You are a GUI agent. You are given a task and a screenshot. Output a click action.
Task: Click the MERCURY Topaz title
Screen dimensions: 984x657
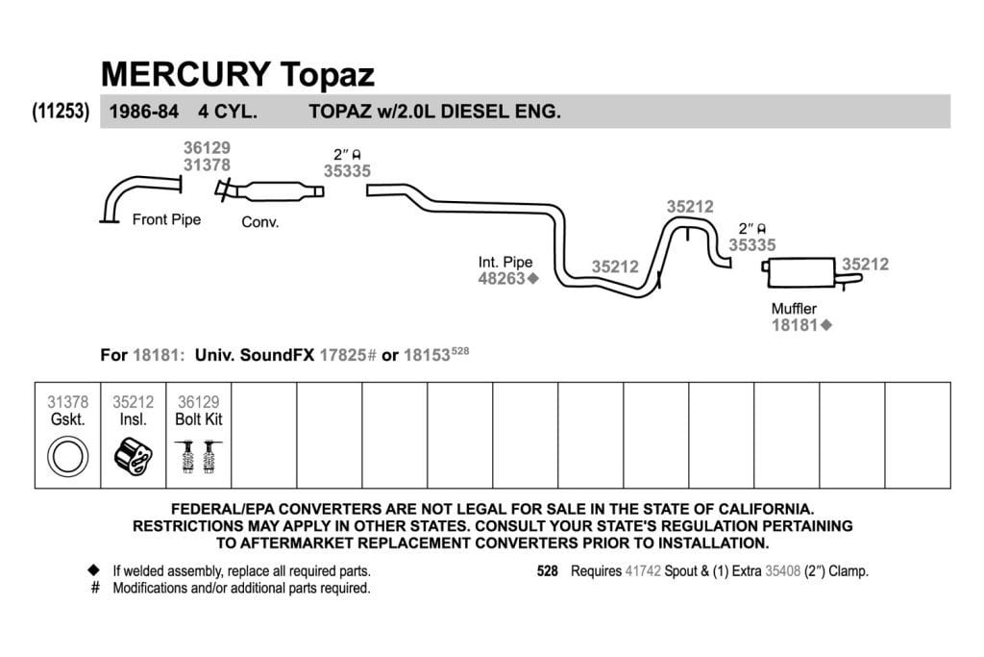pyautogui.click(x=237, y=74)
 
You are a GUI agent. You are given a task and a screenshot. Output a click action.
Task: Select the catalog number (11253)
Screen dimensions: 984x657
pyautogui.click(x=61, y=112)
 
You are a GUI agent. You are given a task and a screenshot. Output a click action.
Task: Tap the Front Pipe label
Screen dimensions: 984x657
pyautogui.click(x=166, y=219)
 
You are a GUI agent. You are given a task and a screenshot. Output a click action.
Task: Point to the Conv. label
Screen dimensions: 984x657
pyautogui.click(x=259, y=221)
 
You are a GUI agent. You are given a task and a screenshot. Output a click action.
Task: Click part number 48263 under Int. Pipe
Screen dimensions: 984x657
pyautogui.click(x=502, y=278)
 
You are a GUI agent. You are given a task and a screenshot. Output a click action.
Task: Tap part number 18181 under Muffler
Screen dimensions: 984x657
pyautogui.click(x=795, y=325)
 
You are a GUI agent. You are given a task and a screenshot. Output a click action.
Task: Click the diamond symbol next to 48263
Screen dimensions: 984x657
pyautogui.click(x=532, y=278)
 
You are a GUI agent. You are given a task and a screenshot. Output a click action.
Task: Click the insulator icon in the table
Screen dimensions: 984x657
pyautogui.click(x=133, y=455)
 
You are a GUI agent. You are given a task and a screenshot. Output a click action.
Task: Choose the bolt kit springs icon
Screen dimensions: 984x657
pyautogui.click(x=198, y=456)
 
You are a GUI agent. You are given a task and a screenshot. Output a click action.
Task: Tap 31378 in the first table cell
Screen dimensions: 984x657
pyautogui.click(x=68, y=402)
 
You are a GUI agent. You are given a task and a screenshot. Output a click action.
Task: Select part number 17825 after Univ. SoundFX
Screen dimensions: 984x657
pyautogui.click(x=343, y=355)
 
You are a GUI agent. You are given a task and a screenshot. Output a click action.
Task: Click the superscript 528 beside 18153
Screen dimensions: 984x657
pyautogui.click(x=460, y=350)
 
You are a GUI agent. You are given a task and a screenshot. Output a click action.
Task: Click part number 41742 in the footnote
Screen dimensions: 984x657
pyautogui.click(x=643, y=571)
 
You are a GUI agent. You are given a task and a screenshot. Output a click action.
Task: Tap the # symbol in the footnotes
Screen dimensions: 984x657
pyautogui.click(x=95, y=588)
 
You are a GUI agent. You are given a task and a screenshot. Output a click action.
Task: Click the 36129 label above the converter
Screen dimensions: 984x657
pyautogui.click(x=208, y=147)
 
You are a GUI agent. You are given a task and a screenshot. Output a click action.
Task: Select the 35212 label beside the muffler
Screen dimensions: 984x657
pyautogui.click(x=866, y=264)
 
